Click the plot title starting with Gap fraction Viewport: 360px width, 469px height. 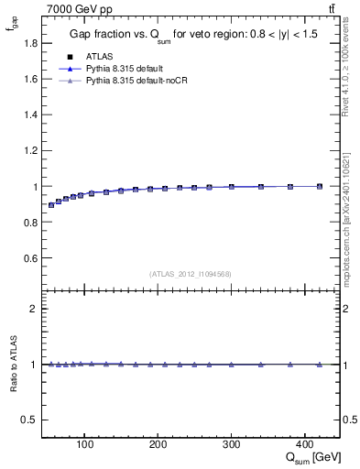pyautogui.click(x=191, y=35)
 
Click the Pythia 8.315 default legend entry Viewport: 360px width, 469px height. pyautogui.click(x=123, y=69)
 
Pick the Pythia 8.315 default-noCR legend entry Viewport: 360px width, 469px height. pyautogui.click(x=132, y=82)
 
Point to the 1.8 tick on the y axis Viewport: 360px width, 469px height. pyautogui.click(x=32, y=43)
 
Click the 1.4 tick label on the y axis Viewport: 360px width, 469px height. pyautogui.click(x=32, y=115)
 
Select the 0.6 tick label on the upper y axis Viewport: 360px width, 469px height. pyautogui.click(x=32, y=258)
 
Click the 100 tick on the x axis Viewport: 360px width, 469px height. pyautogui.click(x=84, y=445)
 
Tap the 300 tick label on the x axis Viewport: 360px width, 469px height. pyautogui.click(x=231, y=445)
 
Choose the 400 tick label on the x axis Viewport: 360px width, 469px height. pyautogui.click(x=304, y=445)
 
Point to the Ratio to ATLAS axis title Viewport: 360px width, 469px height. pyautogui.click(x=14, y=365)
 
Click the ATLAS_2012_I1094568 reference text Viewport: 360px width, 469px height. pyautogui.click(x=190, y=273)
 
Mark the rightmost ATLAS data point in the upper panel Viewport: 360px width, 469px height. pyautogui.click(x=319, y=186)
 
